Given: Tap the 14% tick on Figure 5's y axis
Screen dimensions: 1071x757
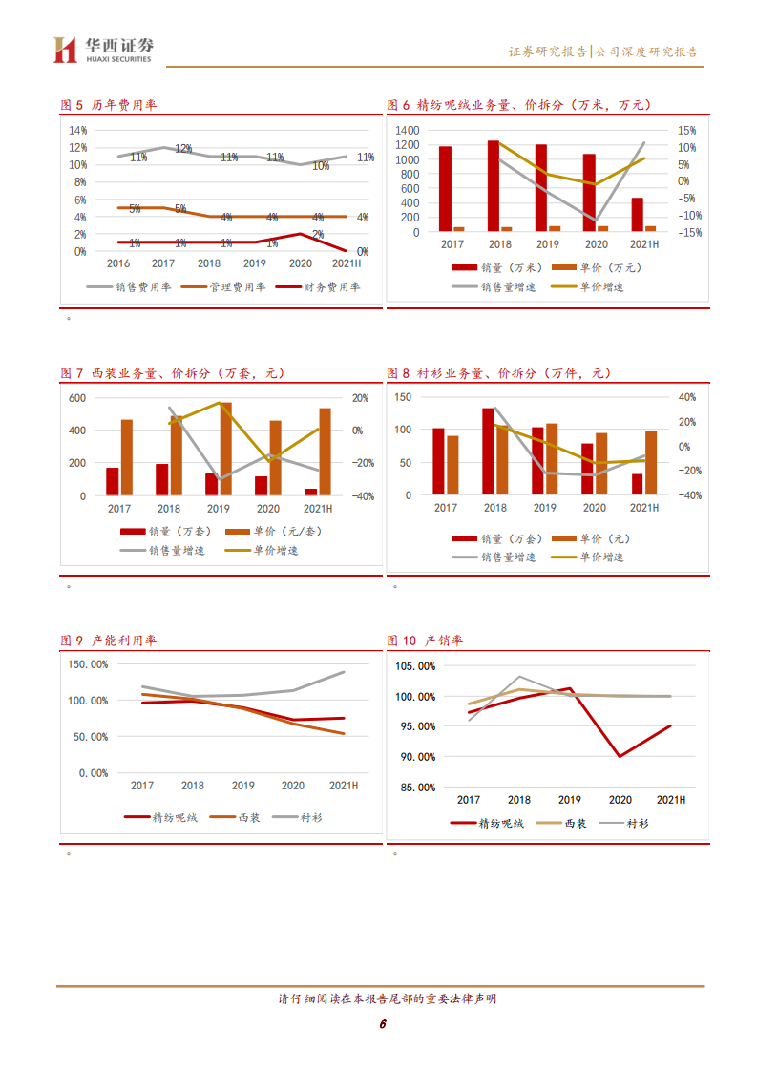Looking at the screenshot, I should coord(77,130).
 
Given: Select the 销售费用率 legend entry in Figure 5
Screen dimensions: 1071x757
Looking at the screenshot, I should coord(129,286).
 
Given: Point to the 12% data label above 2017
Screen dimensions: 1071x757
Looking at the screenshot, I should coord(183,149).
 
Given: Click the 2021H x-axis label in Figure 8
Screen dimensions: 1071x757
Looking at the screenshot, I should coord(644,509).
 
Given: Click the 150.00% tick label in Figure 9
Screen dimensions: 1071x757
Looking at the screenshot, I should coord(87,664).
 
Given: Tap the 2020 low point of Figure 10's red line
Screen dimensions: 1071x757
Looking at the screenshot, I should coord(620,756).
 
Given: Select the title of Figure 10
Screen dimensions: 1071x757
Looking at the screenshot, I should coord(425,640).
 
